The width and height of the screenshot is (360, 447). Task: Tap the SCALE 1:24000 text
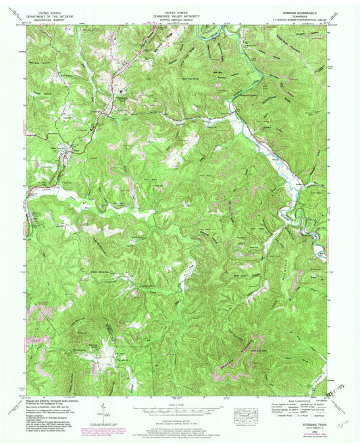179,404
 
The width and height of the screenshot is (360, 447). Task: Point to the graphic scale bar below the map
179,409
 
